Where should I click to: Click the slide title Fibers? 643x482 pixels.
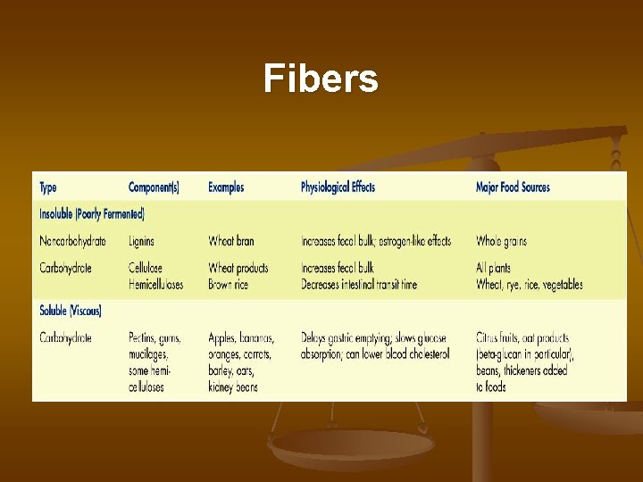pyautogui.click(x=321, y=80)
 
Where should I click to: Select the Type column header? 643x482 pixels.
pyautogui.click(x=48, y=187)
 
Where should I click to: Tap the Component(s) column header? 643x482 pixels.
pyautogui.click(x=154, y=187)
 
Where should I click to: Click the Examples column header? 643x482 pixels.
pyautogui.click(x=226, y=187)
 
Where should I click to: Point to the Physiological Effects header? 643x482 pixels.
pyautogui.click(x=338, y=187)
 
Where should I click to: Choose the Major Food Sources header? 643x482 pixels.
pyautogui.click(x=513, y=187)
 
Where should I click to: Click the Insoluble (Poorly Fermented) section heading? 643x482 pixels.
pyautogui.click(x=92, y=214)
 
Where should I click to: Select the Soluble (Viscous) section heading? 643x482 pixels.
pyautogui.click(x=71, y=311)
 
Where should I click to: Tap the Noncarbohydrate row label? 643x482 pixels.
pyautogui.click(x=72, y=241)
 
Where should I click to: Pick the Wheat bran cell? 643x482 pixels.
pyautogui.click(x=231, y=241)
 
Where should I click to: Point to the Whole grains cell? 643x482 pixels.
pyautogui.click(x=502, y=241)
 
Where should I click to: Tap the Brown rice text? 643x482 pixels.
pyautogui.click(x=228, y=285)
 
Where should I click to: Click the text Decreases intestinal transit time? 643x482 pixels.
pyautogui.click(x=359, y=285)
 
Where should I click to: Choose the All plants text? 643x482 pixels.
pyautogui.click(x=494, y=268)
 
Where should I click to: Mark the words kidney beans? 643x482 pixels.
pyautogui.click(x=233, y=387)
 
